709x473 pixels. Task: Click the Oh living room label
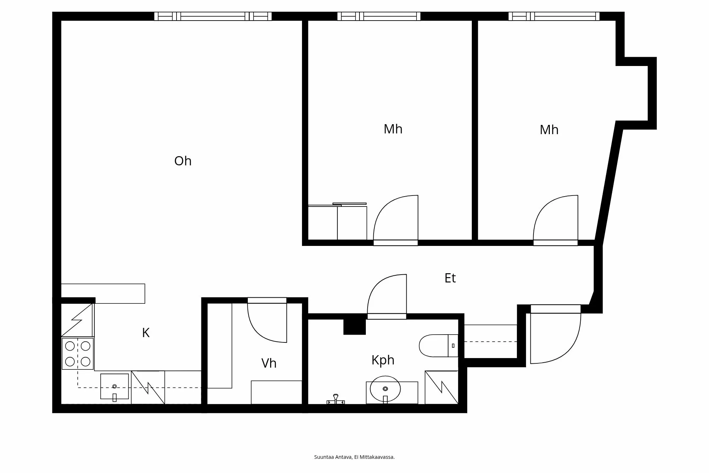coord(183,161)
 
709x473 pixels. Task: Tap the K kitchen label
coord(146,333)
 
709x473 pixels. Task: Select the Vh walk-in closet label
coord(269,363)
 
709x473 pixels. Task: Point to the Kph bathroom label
coord(383,361)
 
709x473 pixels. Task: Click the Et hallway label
coord(450,278)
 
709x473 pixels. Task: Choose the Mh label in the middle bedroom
coord(393,129)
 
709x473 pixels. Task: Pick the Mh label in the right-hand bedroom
coord(549,130)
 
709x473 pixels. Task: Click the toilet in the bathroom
coord(439,346)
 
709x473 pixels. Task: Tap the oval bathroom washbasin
coord(385,389)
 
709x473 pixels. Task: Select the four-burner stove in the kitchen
coord(78,354)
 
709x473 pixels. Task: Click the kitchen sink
coord(115,386)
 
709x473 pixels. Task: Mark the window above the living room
coord(213,16)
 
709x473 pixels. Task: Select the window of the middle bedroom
coord(379,16)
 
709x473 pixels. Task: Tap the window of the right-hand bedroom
coord(554,16)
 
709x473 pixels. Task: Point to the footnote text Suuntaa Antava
coord(333,457)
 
